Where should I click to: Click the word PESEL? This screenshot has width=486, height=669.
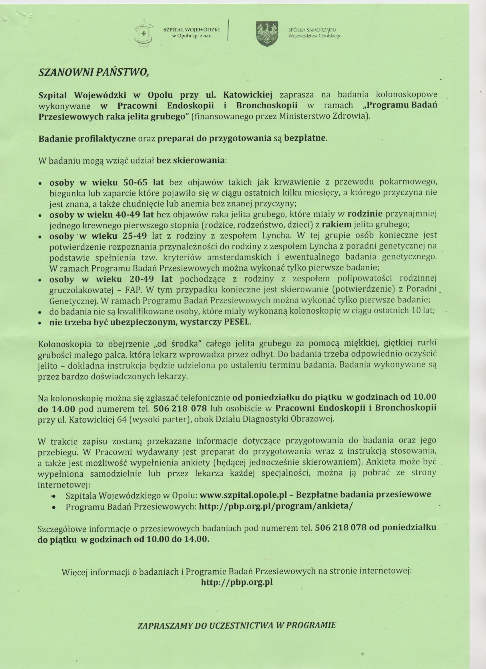tap(237, 322)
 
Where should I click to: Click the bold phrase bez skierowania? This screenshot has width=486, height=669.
tap(191, 161)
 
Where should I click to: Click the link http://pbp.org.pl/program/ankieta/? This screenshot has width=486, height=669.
tap(276, 505)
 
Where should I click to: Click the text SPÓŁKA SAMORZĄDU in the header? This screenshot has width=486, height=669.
tap(312, 30)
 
